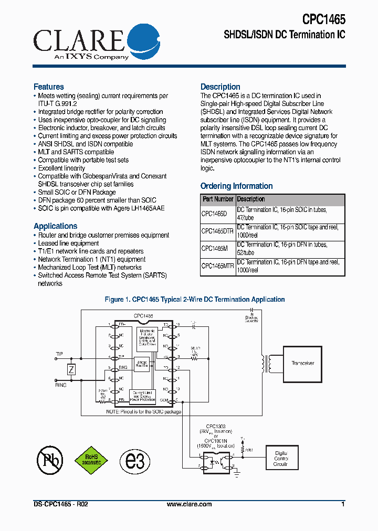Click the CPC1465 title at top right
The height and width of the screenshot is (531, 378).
pyautogui.click(x=323, y=19)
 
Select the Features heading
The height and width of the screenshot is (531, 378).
pyautogui.click(x=49, y=87)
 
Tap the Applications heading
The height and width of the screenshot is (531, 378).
pyautogui.click(x=55, y=226)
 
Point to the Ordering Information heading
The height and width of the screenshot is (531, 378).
pyautogui.click(x=236, y=186)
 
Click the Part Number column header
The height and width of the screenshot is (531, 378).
pyautogui.click(x=218, y=199)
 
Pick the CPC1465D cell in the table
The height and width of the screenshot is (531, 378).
pyautogui.click(x=214, y=214)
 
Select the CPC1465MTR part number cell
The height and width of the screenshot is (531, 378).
pyautogui.click(x=217, y=266)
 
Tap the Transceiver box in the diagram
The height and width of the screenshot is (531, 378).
pyautogui.click(x=302, y=363)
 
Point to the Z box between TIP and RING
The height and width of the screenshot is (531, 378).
pyautogui.click(x=71, y=370)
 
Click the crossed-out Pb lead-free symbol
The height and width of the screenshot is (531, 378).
pyautogui.click(x=50, y=460)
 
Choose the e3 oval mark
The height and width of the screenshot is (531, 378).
pyautogui.click(x=135, y=460)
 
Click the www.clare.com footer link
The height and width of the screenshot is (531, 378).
pyautogui.click(x=189, y=504)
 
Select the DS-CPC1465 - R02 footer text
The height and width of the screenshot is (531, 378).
pyautogui.click(x=60, y=504)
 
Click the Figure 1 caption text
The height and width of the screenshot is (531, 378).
pyautogui.click(x=195, y=300)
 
